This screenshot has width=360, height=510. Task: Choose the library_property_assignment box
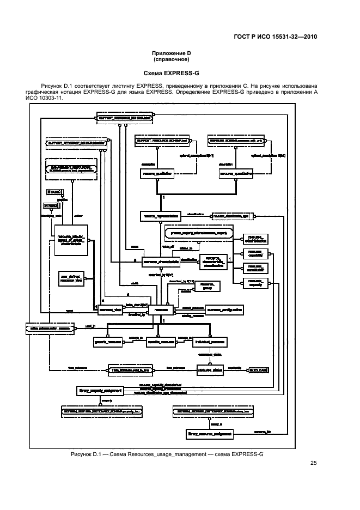[100, 391]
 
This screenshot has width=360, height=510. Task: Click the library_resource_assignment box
[210, 434]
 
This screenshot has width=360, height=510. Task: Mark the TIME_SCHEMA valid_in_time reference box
[130, 370]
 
